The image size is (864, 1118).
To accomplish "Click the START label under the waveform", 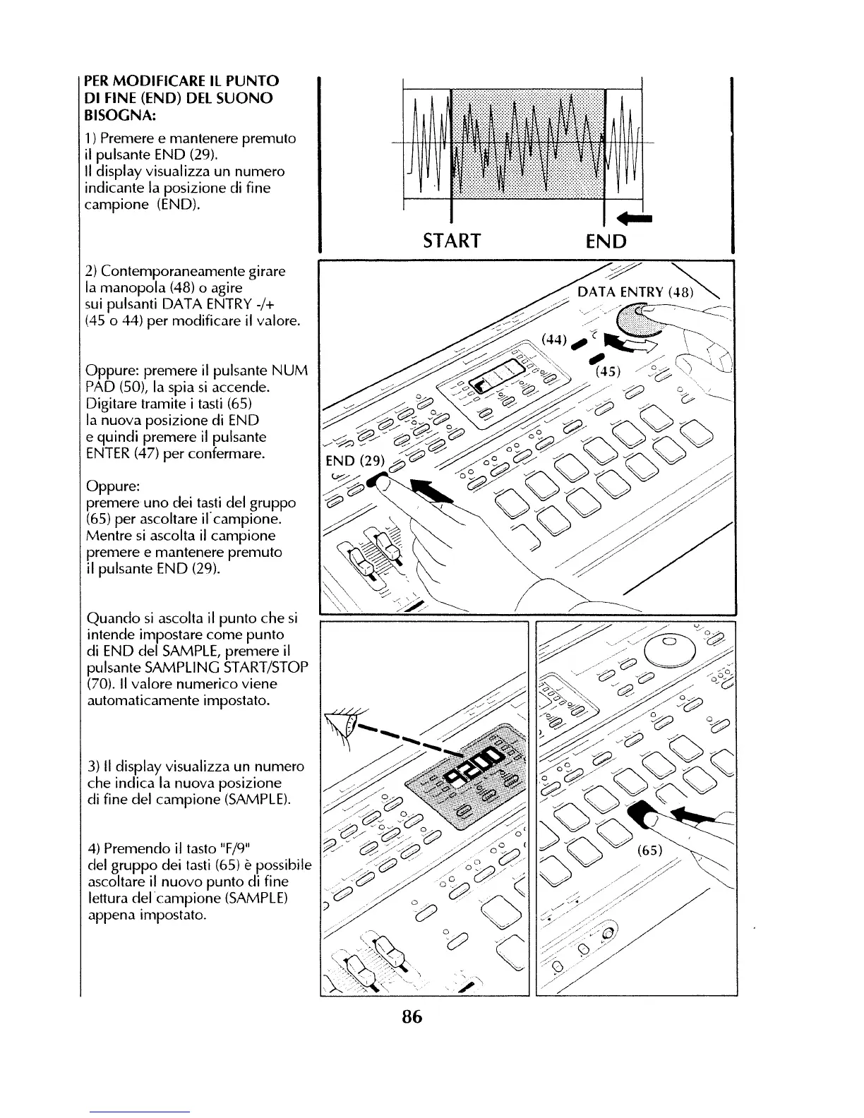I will point(452,241).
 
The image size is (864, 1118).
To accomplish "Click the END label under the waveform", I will point(606,242).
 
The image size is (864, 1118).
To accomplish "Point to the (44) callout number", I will point(554,339).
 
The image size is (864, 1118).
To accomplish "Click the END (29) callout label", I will point(354,462).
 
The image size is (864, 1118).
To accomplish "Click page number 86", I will point(412,1017).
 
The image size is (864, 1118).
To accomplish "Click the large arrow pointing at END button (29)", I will point(431,493).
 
